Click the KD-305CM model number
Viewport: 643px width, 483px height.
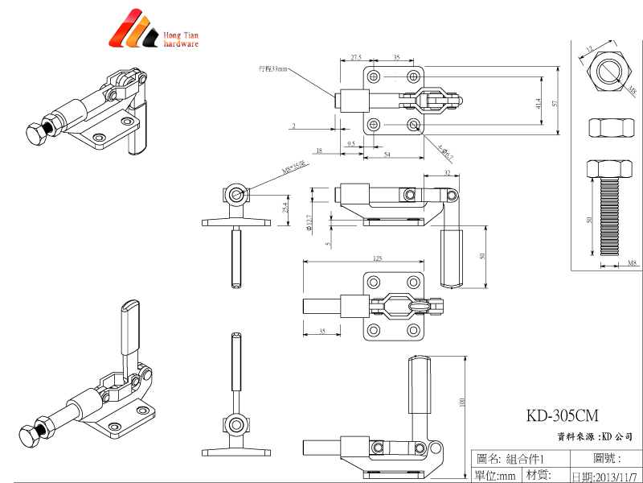[563, 416]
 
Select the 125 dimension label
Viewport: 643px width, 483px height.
[377, 258]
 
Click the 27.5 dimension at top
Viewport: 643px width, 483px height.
[355, 58]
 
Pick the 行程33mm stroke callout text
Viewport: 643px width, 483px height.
[272, 69]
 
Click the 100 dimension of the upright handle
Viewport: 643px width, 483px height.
[462, 402]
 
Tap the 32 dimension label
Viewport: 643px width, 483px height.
[447, 173]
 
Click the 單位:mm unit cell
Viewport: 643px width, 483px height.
[495, 476]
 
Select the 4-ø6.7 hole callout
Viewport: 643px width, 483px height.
[447, 153]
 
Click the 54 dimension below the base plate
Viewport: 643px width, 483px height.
[387, 154]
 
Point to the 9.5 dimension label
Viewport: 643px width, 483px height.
[351, 142]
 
